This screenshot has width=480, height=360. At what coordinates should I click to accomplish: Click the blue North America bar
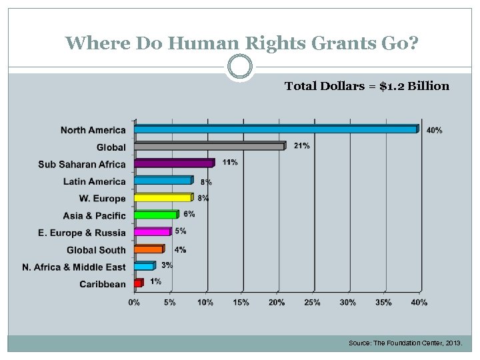[x=276, y=129]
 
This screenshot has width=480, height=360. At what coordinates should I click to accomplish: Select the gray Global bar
[x=209, y=146]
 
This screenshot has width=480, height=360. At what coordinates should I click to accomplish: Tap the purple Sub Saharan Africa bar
[x=174, y=163]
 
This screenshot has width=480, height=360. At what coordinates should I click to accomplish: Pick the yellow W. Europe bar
[x=163, y=198]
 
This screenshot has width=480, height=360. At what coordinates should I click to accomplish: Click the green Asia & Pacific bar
[x=156, y=215]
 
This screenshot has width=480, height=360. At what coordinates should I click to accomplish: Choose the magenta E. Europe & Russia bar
[x=153, y=232]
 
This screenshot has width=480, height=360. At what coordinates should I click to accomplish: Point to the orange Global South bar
[x=149, y=249]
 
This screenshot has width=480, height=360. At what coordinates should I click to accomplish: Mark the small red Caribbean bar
[x=139, y=283]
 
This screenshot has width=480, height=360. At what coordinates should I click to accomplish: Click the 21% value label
[x=301, y=145]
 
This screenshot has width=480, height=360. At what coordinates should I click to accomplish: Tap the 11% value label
[x=230, y=162]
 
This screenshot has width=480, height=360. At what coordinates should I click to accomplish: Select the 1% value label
[x=155, y=281]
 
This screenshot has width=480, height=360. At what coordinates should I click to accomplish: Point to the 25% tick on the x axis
[x=312, y=303]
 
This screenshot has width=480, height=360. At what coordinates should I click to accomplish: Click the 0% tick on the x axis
[x=134, y=303]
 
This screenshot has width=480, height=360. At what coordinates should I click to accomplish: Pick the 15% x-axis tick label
[x=241, y=303]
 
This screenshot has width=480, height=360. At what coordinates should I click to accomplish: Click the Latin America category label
[x=94, y=181]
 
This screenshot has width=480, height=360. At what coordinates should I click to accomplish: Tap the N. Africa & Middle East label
[x=73, y=267]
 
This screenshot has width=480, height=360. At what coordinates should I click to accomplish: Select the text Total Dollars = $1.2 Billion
[x=367, y=86]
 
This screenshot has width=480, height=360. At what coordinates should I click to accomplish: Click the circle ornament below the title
[x=240, y=67]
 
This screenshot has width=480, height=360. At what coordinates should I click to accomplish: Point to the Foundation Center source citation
[x=409, y=343]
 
